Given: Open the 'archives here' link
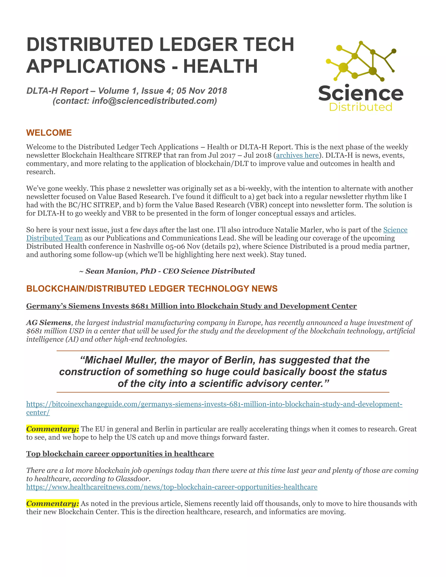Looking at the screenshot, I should coord(297,155).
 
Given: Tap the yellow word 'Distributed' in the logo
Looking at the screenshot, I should coord(361,107).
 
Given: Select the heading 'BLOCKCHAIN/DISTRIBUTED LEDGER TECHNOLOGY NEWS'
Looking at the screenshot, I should coord(152,288).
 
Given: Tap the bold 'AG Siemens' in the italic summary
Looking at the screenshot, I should coord(49,323).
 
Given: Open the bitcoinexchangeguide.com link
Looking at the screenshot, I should coord(214,404).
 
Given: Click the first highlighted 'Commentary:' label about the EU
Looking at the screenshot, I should coord(52,429).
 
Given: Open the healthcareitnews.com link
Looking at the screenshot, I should coord(172,487).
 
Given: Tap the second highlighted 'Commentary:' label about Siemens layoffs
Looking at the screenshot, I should coord(52,504).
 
